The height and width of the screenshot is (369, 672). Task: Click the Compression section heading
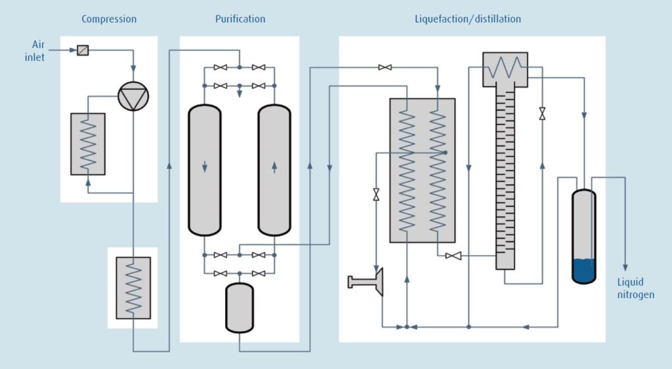click(109, 19)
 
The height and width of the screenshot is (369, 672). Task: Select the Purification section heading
click(240, 19)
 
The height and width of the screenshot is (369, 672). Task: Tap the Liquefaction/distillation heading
click(467, 19)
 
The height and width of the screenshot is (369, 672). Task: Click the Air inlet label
click(39, 50)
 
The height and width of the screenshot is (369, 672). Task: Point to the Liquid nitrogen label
click(635, 288)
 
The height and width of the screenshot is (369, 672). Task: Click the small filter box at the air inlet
click(83, 50)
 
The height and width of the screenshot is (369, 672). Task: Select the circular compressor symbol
click(133, 97)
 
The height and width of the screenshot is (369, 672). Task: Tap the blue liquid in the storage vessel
click(583, 270)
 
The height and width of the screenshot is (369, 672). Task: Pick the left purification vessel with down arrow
click(205, 169)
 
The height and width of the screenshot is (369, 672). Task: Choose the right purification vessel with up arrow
click(274, 169)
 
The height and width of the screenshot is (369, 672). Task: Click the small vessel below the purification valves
click(240, 307)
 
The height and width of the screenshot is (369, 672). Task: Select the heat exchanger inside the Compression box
click(88, 144)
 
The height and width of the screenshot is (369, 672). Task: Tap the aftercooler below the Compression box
click(133, 288)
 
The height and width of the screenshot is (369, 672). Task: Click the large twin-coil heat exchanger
click(422, 170)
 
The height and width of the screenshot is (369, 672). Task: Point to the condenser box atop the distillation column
click(505, 69)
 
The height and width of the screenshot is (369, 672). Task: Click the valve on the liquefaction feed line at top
click(385, 68)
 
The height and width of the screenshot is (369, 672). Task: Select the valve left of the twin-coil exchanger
click(376, 195)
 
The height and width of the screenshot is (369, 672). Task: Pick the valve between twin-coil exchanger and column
click(453, 256)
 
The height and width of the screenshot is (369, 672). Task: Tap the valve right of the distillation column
click(542, 113)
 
